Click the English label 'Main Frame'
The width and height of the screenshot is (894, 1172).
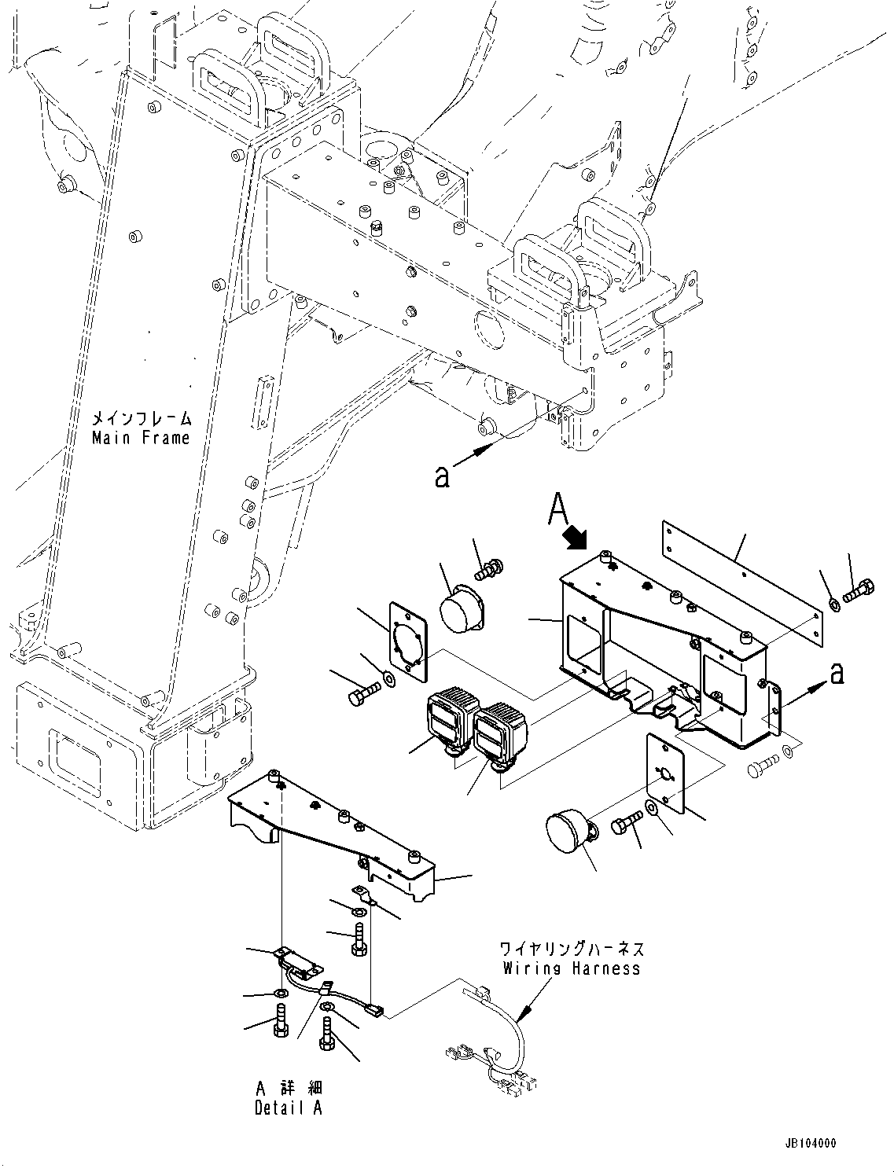pos(141,438)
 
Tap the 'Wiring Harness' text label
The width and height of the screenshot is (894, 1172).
pos(572,968)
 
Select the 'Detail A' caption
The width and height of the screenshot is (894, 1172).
pos(288,1108)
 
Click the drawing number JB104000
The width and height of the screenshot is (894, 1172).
pos(809,1144)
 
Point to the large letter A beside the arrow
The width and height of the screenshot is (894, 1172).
pos(557,508)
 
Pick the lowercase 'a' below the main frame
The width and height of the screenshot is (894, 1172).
pos(442,476)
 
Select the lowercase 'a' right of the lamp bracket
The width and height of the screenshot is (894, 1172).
pos(838,672)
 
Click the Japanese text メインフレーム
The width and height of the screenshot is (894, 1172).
pos(141,418)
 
